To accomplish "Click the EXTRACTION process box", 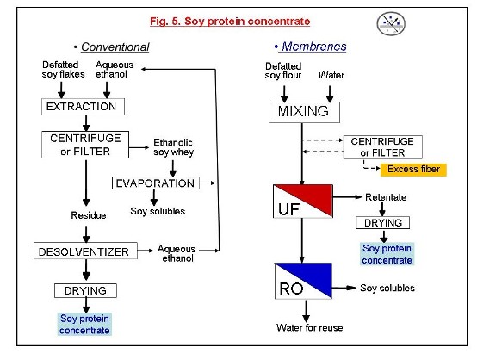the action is [x=83, y=107].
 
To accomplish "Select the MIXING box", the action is [x=304, y=112].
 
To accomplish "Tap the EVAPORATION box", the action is [x=156, y=183].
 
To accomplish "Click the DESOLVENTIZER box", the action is [x=85, y=251].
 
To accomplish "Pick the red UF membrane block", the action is [x=303, y=202].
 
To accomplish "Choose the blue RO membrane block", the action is [x=303, y=281].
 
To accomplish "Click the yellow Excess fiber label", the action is [x=413, y=170].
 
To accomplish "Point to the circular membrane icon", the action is [x=391, y=23].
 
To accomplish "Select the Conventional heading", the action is [x=115, y=47].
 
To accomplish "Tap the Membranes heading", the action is [x=313, y=47].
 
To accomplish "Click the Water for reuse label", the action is [x=309, y=327].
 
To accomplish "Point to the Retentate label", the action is [x=386, y=197].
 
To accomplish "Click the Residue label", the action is [x=88, y=215].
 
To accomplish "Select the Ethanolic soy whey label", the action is [x=173, y=147].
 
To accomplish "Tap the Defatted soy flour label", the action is [x=283, y=71].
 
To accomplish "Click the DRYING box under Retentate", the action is [x=382, y=223].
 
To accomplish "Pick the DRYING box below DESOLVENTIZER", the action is [x=85, y=290].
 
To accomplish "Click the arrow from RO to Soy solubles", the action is [x=344, y=288].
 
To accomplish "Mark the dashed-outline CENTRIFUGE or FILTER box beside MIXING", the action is [x=382, y=147].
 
